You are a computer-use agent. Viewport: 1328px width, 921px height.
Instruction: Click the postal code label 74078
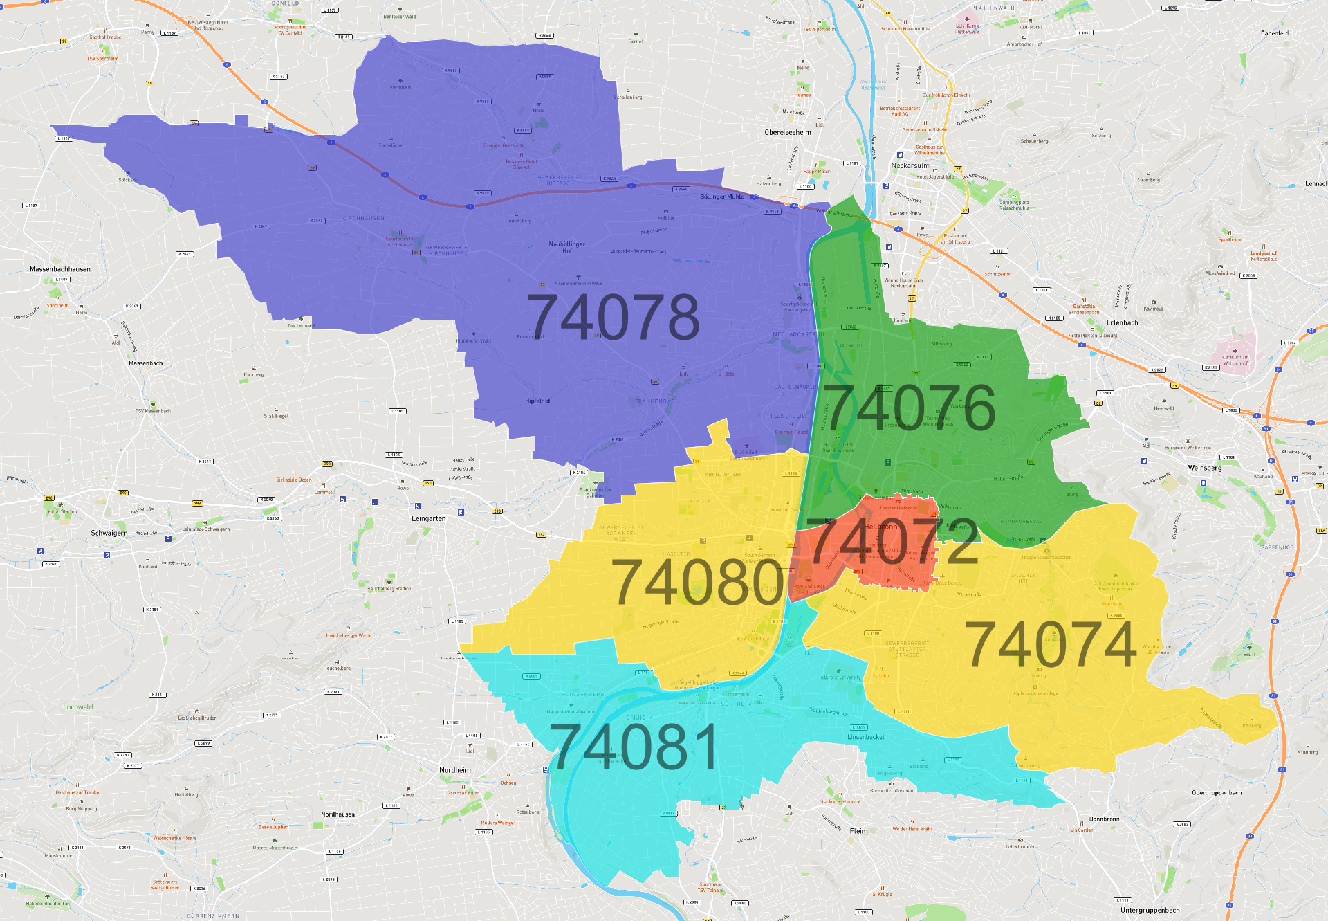(x=614, y=317)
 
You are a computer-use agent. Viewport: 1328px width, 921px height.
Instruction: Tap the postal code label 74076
(x=910, y=407)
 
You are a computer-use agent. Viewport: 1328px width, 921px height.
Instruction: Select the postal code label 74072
(x=893, y=541)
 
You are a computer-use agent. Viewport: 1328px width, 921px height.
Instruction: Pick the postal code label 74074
(x=1051, y=645)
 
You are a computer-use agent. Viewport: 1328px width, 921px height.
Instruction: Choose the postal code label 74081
(x=634, y=747)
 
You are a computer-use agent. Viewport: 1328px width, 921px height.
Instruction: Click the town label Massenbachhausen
(x=59, y=269)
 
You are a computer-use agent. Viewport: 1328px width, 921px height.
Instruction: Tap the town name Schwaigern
(x=109, y=533)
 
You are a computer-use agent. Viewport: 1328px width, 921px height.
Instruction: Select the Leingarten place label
(x=428, y=518)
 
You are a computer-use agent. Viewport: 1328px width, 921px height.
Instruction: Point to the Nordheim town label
(x=455, y=770)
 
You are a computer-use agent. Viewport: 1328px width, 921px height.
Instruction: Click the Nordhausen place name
(x=338, y=814)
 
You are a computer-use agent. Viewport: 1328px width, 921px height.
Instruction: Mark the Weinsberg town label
(x=1204, y=468)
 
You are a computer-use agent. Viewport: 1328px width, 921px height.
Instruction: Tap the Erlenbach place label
(x=1122, y=322)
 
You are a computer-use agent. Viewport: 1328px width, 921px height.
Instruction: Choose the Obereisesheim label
(x=788, y=132)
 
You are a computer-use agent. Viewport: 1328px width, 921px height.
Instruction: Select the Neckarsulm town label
(x=910, y=165)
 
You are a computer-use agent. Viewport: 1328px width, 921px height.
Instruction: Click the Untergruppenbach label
(x=1150, y=910)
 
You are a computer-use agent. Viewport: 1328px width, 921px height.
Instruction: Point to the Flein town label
(x=858, y=830)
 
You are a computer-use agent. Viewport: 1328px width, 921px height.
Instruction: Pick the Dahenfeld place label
(x=1275, y=33)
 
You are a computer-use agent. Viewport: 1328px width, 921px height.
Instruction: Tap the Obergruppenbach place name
(x=1217, y=793)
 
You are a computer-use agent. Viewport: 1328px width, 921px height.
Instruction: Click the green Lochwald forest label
(x=77, y=707)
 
